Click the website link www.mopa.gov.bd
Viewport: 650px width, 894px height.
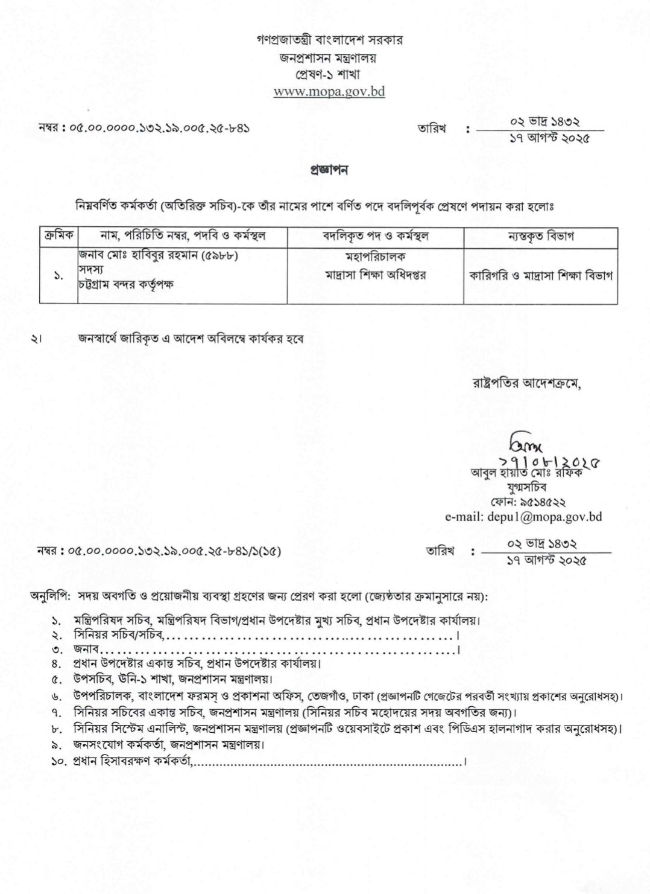coord(329,92)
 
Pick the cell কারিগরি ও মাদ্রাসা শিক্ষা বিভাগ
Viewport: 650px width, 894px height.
coord(541,275)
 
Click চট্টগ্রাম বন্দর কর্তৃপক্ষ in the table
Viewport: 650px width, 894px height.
coord(126,284)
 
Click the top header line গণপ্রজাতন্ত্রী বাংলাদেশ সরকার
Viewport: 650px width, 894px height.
coord(329,40)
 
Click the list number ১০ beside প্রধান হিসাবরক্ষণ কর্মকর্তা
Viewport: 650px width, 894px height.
coord(58,762)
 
